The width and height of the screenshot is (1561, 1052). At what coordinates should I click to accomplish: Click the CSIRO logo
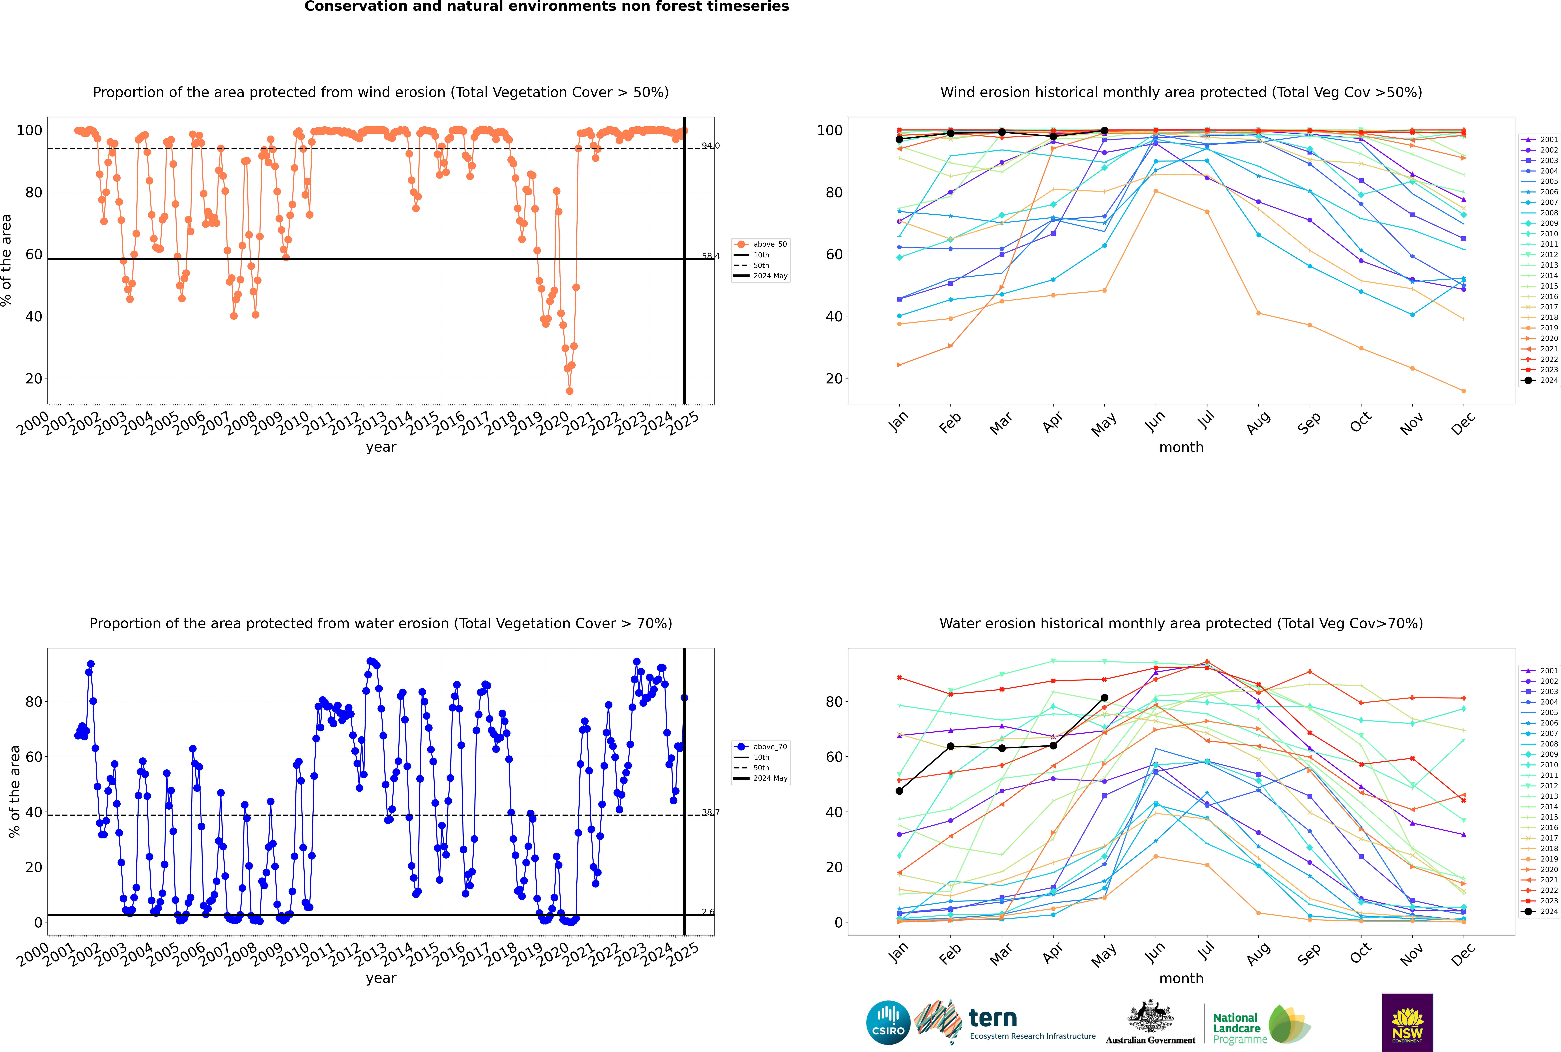[888, 1023]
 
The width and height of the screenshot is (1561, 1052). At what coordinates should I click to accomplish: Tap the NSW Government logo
[1407, 1022]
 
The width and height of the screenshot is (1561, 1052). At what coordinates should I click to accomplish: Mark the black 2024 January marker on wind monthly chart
[899, 140]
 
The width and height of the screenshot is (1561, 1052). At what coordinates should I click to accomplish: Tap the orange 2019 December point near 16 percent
[1464, 391]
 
